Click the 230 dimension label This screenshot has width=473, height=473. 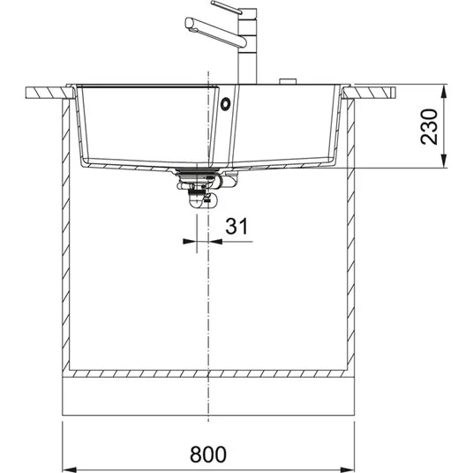pos(429,127)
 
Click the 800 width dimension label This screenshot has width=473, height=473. pos(208,454)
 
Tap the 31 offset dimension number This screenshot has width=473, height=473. pos(236,226)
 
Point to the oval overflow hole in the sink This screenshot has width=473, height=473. pos(225,104)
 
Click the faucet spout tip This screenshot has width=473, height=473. pos(189,24)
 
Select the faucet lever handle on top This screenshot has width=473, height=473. pos(227,7)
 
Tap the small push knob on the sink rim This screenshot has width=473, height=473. pos(288,81)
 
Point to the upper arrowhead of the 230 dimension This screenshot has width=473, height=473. pos(443,91)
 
